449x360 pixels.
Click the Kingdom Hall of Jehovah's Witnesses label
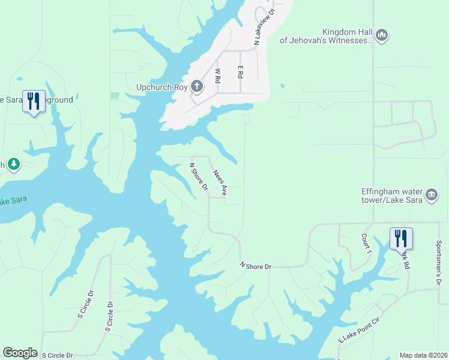click(327, 36)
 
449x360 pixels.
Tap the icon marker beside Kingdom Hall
click(382, 36)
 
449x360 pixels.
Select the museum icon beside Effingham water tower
click(432, 196)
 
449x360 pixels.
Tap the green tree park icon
click(14, 164)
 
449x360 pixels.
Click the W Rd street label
click(218, 79)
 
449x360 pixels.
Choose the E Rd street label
click(240, 72)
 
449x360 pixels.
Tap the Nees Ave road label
click(220, 182)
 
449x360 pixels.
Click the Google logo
click(20, 353)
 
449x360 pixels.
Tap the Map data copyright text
click(424, 355)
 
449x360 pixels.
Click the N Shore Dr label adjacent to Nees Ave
click(198, 178)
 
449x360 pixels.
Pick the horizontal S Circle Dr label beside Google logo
click(57, 355)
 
